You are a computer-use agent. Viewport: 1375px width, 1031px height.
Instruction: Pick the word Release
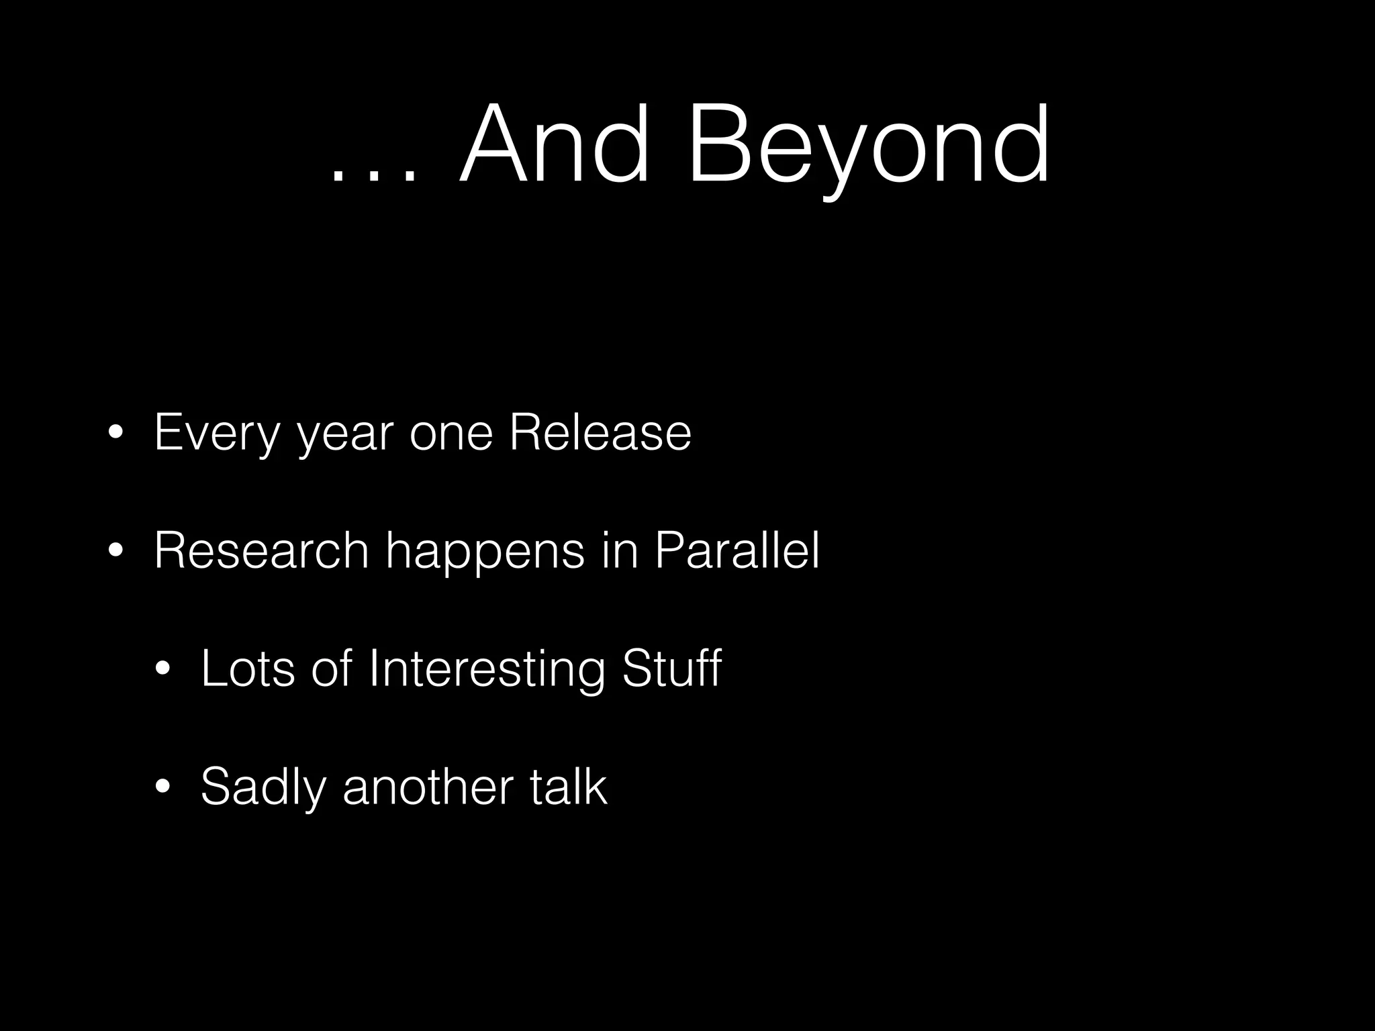(600, 433)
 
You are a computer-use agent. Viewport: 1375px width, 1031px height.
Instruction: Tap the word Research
(261, 550)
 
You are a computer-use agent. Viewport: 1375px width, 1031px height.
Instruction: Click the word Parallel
(737, 550)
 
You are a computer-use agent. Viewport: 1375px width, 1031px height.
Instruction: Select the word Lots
(248, 669)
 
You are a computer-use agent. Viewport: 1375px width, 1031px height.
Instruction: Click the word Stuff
(671, 669)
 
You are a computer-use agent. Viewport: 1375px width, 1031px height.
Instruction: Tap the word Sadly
(263, 787)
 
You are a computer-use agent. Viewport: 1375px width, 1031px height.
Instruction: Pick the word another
(428, 787)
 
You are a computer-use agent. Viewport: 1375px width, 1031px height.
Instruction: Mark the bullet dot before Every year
(115, 433)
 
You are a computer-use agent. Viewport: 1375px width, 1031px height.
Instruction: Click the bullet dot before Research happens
(115, 551)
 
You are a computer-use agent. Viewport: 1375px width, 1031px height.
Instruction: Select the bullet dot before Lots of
(162, 669)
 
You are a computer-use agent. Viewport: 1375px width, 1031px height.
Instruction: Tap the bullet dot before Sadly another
(162, 787)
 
